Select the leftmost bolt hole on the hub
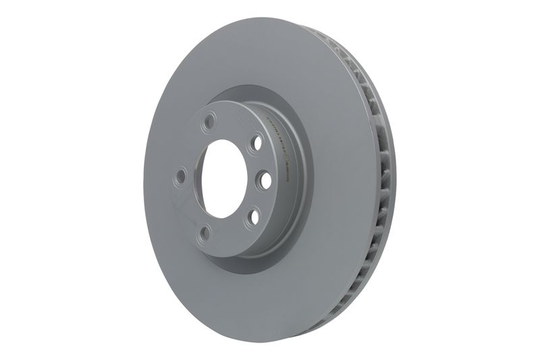[180, 177]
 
